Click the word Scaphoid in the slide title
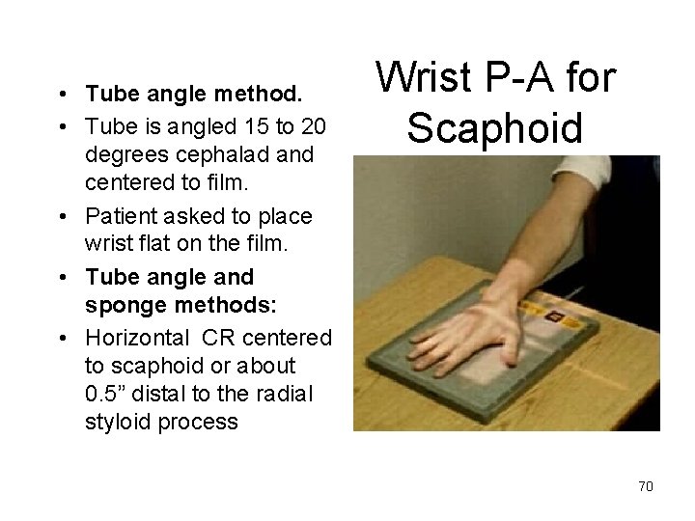[494, 126]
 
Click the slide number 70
[646, 486]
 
